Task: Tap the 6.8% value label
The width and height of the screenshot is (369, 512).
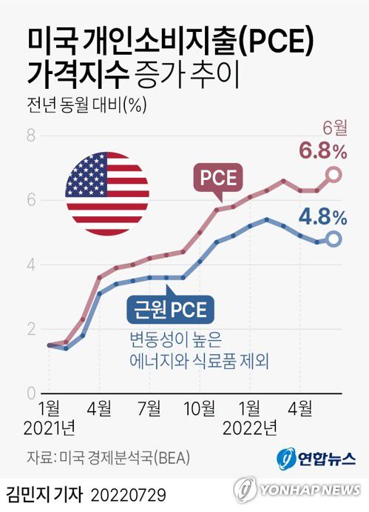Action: click(x=323, y=152)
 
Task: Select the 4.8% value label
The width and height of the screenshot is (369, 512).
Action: click(x=323, y=217)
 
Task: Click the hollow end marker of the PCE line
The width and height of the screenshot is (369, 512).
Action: click(x=334, y=175)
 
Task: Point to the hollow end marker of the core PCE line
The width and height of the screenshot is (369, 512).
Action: click(x=334, y=239)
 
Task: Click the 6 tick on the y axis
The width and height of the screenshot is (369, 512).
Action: click(x=31, y=200)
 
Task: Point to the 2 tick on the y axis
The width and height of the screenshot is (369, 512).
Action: click(x=31, y=329)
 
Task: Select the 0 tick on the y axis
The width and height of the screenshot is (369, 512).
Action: click(x=31, y=393)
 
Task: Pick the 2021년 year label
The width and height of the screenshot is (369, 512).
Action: click(x=49, y=428)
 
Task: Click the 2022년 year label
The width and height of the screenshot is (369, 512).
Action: click(x=250, y=428)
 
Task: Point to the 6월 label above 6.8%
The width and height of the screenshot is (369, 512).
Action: click(x=334, y=128)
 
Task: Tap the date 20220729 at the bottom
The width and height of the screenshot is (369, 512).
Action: click(x=129, y=493)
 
